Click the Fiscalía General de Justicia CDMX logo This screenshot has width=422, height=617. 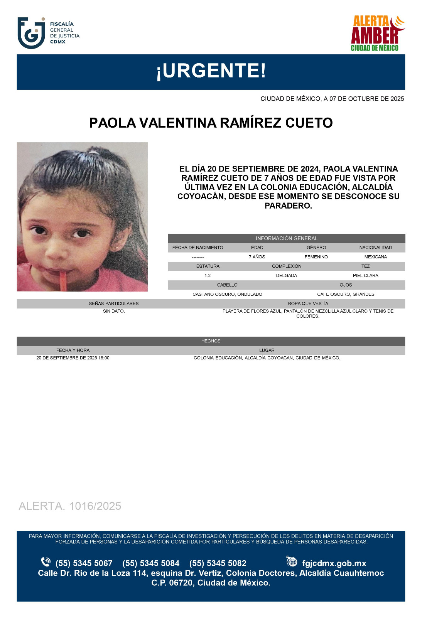click(48, 33)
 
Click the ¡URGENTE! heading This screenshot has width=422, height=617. click(211, 71)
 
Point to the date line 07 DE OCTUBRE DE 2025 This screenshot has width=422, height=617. click(332, 99)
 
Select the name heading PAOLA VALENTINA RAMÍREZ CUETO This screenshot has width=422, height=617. click(211, 123)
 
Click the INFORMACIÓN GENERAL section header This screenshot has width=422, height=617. click(286, 238)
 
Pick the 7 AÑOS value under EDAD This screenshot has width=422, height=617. click(257, 257)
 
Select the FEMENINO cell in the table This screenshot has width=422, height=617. click(316, 257)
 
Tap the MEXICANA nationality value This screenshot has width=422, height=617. click(375, 257)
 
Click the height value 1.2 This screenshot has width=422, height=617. click(208, 276)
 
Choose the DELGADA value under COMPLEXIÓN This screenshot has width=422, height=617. click(286, 276)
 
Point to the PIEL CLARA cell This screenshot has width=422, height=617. click(365, 276)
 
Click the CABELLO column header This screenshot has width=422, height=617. click(227, 285)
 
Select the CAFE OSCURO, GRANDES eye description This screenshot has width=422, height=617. click(346, 294)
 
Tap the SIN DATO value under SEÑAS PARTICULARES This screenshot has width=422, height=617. click(114, 311)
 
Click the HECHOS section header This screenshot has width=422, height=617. click(211, 341)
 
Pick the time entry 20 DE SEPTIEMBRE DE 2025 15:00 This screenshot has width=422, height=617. click(73, 358)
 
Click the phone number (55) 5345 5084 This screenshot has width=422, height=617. click(151, 563)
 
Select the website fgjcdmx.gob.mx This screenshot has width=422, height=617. click(334, 563)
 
